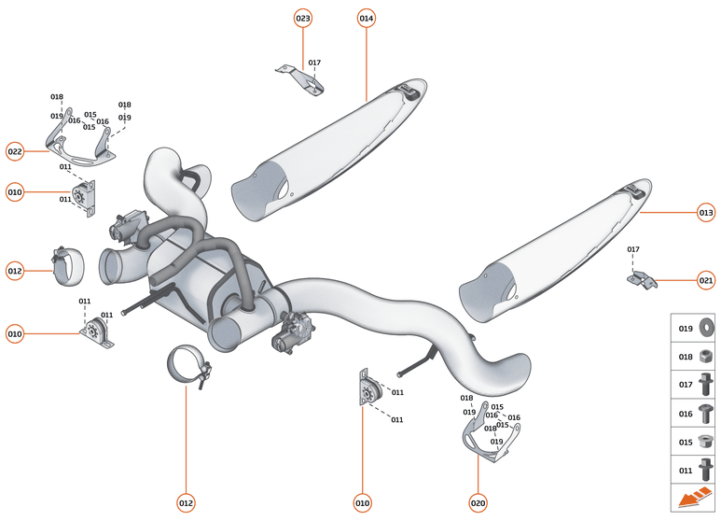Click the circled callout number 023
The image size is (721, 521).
coord(303,18)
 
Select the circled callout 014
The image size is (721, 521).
coord(366,18)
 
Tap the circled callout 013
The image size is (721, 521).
coord(705,213)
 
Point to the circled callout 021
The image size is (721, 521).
coord(705,279)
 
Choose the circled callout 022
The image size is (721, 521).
coord(15,151)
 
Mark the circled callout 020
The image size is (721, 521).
coord(478,503)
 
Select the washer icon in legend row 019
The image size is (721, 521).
coord(705,329)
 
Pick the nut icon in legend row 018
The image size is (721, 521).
coord(705,356)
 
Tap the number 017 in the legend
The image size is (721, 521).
coord(685,384)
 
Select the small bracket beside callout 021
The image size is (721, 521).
coord(642,277)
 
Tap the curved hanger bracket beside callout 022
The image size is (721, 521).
coord(76,144)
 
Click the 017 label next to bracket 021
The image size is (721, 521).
coord(633,249)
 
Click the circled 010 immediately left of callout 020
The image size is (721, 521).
coord(362,503)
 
